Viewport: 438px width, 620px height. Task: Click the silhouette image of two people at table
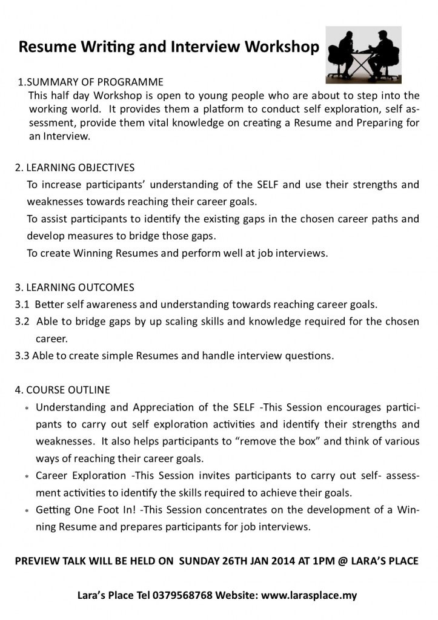coord(363,54)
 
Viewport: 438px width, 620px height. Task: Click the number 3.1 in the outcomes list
coord(22,304)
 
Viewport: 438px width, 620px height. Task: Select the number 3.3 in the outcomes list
coord(22,355)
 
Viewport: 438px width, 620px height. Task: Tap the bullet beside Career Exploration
coord(27,477)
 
